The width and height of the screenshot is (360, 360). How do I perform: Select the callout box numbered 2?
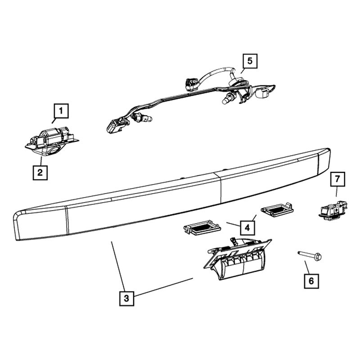click(x=40, y=172)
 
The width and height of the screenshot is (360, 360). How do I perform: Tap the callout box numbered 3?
click(x=126, y=297)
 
